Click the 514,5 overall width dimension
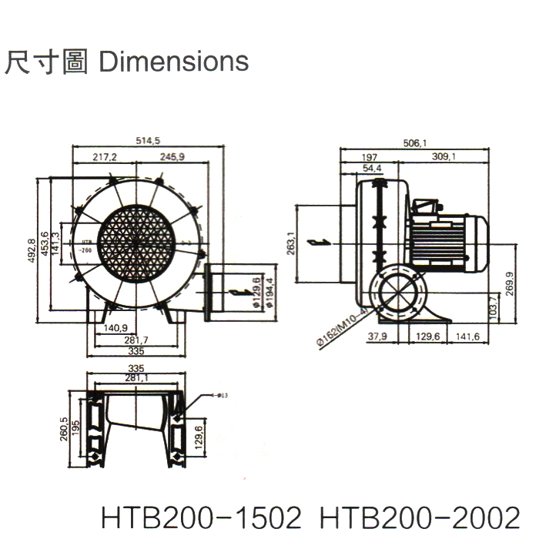coord(147,140)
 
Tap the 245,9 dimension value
coord(172,157)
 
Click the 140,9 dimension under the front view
coord(116,328)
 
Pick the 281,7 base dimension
coord(136,340)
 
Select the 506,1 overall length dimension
coord(415,142)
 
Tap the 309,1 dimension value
coord(444,157)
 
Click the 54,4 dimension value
coord(371,167)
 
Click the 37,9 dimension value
coord(377,336)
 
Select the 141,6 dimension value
coord(467,336)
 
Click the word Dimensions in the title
coord(175,61)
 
